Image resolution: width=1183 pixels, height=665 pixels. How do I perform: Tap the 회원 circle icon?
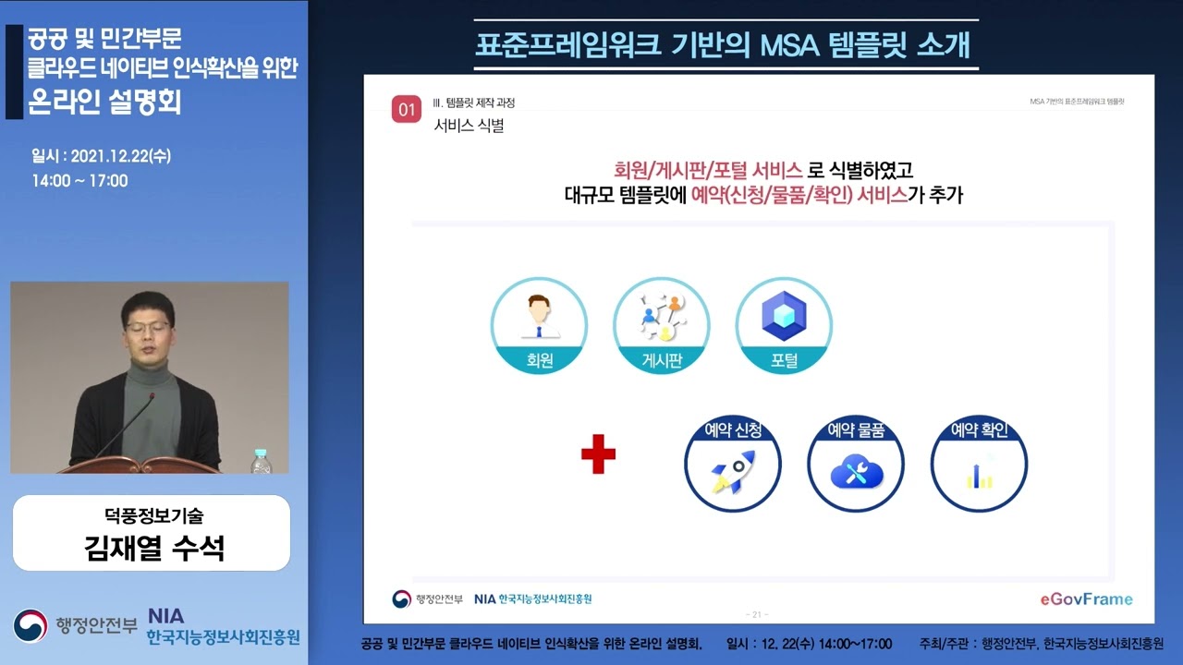click(539, 326)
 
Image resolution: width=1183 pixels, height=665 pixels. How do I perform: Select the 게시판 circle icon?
click(662, 326)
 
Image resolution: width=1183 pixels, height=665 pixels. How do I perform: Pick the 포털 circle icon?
click(784, 326)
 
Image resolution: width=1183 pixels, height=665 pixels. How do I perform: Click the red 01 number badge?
click(407, 109)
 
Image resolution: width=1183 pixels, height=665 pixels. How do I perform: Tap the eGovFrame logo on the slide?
click(1085, 598)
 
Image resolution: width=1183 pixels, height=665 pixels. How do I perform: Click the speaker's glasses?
click(148, 325)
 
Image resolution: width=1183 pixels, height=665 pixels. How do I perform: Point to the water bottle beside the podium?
click(262, 462)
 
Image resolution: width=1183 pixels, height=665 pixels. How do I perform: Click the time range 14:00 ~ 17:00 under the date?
click(79, 181)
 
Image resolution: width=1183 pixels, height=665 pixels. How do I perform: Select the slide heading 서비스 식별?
click(469, 127)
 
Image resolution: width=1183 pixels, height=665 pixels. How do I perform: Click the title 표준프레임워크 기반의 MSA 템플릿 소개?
click(726, 45)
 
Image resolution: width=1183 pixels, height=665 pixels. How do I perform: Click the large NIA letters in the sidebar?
click(165, 616)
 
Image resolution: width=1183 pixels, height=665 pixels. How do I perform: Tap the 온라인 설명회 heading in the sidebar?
click(105, 101)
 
